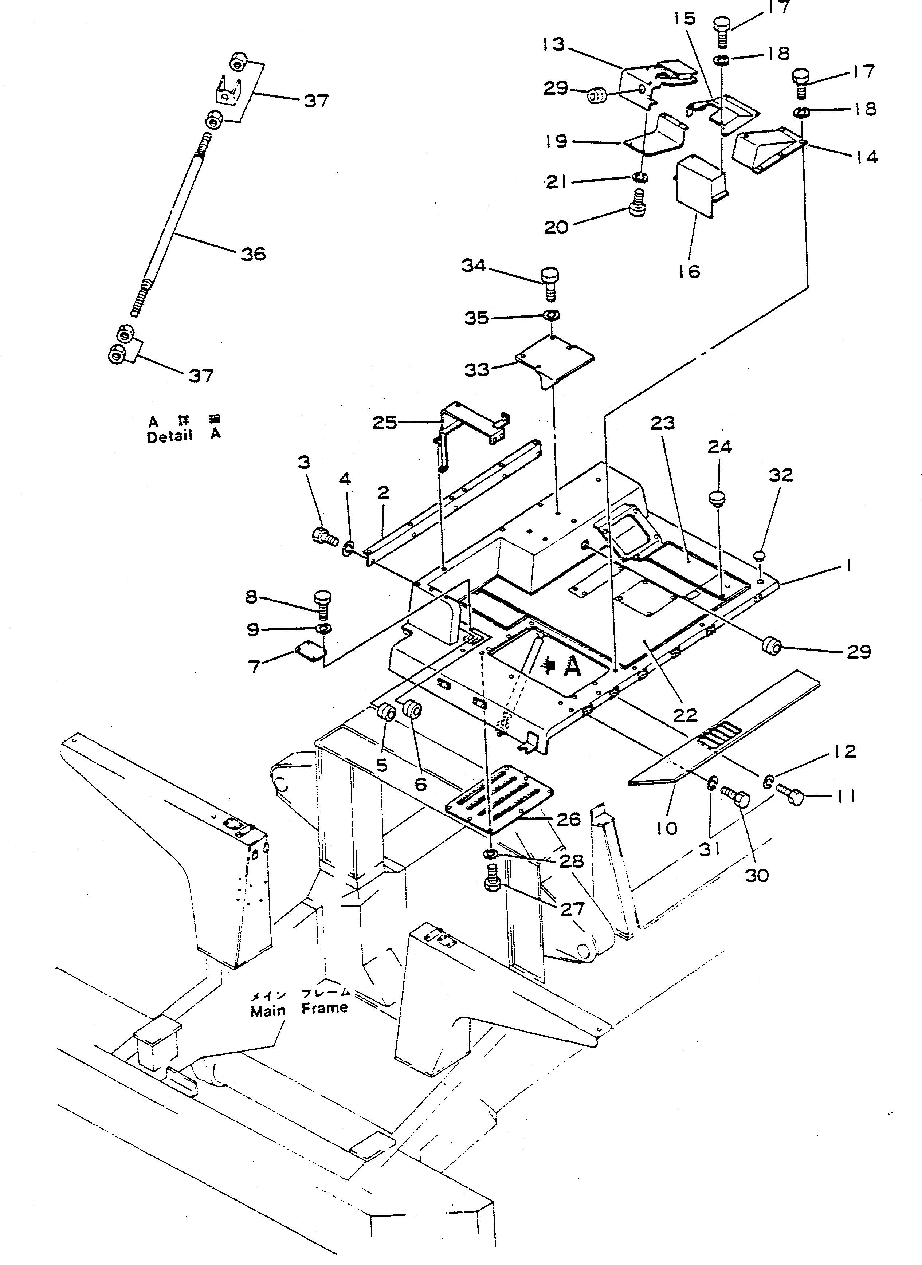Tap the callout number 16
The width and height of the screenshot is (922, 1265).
tap(689, 271)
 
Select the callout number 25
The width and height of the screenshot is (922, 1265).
tap(385, 423)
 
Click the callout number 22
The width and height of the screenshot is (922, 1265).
tap(685, 714)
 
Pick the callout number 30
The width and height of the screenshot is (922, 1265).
tap(757, 876)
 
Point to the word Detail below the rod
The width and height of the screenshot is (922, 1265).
tap(169, 437)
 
